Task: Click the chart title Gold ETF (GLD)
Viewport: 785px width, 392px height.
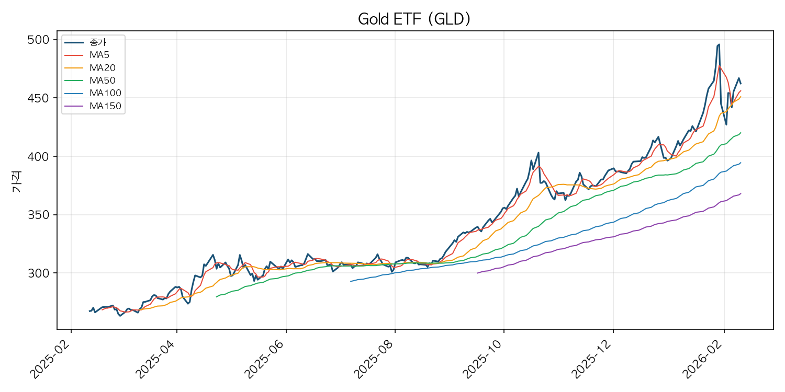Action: tap(414, 19)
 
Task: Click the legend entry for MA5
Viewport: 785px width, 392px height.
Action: tap(99, 54)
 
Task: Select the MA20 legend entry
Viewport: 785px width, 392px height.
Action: tap(102, 67)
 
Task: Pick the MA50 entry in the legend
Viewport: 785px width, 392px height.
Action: tap(102, 80)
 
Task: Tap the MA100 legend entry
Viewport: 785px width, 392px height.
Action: tap(105, 94)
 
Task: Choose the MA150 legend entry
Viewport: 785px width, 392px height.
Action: tap(105, 106)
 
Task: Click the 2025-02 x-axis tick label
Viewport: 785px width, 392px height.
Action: tap(50, 359)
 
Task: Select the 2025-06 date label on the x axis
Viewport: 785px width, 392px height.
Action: tap(265, 359)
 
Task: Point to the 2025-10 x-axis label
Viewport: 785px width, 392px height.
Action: tap(483, 359)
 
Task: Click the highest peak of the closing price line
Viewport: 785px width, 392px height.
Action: tap(719, 44)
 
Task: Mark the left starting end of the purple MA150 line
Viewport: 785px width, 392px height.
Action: tap(477, 273)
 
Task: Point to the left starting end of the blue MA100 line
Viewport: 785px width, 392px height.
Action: tap(351, 281)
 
